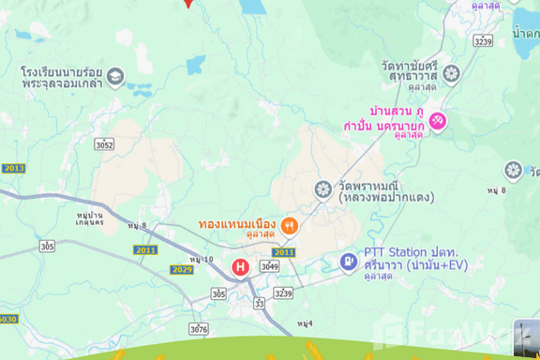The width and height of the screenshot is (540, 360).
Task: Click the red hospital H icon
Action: tap(241, 267)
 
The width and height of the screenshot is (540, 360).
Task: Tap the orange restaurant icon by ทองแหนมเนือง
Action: tap(290, 225)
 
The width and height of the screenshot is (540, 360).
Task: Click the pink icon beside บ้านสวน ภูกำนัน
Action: tap(438, 122)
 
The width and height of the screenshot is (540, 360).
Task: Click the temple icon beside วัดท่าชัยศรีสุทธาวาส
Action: tap(451, 74)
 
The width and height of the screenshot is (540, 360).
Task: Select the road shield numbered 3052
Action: tap(104, 144)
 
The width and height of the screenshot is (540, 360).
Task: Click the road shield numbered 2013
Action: tap(13, 168)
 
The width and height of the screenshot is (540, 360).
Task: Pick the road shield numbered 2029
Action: tap(182, 270)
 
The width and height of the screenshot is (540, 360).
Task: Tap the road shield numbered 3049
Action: tap(270, 267)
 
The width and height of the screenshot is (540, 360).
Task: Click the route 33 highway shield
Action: tap(259, 302)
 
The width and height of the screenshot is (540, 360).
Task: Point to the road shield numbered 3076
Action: tap(198, 328)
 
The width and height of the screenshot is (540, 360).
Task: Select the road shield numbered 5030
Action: tap(7, 319)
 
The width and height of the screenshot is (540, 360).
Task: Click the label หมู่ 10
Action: tap(201, 259)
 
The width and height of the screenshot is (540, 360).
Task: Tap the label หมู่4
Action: tap(304, 323)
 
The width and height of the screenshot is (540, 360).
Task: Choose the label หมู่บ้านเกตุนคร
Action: tap(88, 221)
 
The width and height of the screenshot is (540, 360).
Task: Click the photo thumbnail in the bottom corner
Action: tap(526, 336)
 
